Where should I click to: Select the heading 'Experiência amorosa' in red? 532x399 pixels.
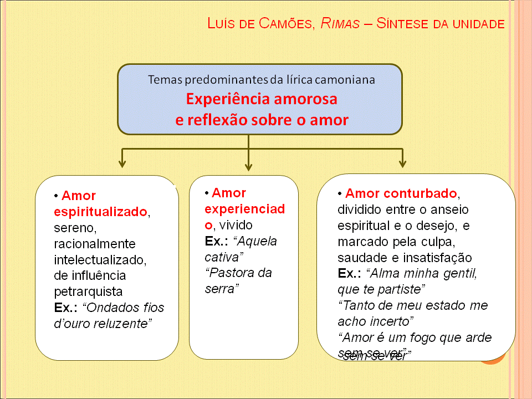tap(262, 100)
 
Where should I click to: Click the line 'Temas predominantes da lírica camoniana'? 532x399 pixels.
tap(262, 79)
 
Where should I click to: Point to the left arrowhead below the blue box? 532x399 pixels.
tap(122, 163)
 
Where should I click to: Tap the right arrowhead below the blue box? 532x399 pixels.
tap(402, 163)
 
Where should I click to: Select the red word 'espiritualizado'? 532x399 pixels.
tap(101, 212)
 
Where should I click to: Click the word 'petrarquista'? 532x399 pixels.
tap(88, 291)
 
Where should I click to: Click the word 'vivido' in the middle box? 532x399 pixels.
tap(236, 225)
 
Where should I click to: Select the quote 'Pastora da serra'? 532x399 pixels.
tap(238, 280)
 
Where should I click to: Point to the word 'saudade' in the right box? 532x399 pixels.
tap(361, 258)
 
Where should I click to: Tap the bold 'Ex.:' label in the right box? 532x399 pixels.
tap(350, 274)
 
